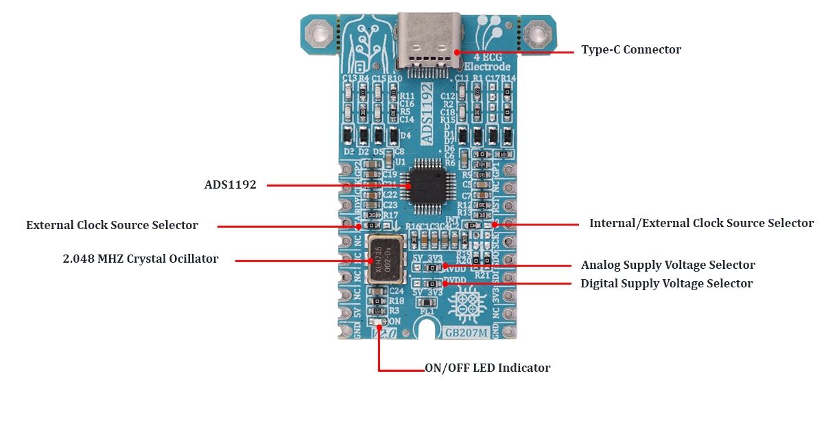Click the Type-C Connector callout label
(x=630, y=50)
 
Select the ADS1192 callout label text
(x=230, y=185)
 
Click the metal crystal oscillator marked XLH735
(x=387, y=260)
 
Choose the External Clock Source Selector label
(x=112, y=225)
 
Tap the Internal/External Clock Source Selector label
(x=701, y=224)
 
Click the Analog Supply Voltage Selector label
(x=668, y=265)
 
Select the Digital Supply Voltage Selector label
(x=666, y=283)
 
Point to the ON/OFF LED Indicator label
(x=487, y=368)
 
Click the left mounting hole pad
(x=318, y=32)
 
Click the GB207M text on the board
(x=466, y=333)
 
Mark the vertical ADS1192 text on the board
(x=426, y=112)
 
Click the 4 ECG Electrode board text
(x=487, y=62)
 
